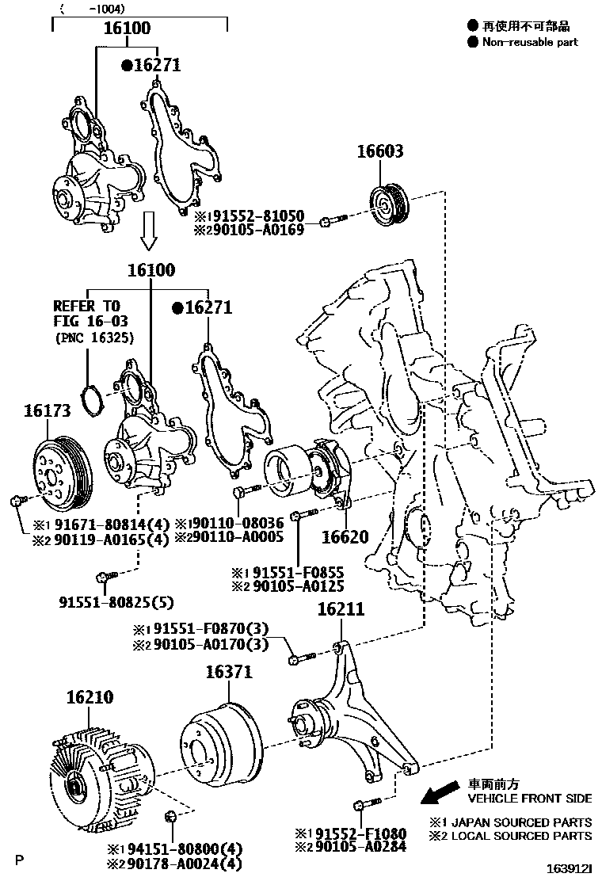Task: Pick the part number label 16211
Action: coord(341,609)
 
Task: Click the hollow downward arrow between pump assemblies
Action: coord(148,231)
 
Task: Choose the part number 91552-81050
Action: coord(260,215)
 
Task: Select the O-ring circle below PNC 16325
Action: coord(93,401)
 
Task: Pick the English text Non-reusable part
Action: coord(530,42)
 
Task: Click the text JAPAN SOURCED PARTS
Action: coord(521,822)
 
